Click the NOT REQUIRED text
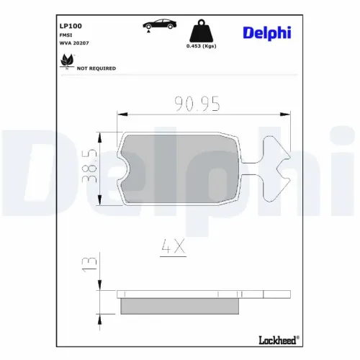pyautogui.click(x=96, y=68)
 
